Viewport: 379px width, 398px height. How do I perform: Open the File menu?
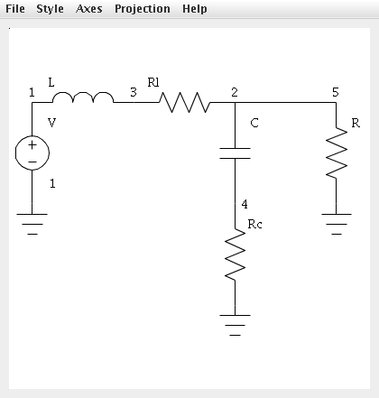coord(15,9)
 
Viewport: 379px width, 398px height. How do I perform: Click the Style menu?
coord(50,9)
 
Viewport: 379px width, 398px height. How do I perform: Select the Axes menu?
coord(89,9)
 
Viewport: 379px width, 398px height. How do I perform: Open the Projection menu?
coord(143,9)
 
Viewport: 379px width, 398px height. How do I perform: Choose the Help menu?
coord(195,9)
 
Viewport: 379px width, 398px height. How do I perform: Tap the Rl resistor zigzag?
coord(185,102)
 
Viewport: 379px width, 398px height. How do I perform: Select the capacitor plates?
coord(235,153)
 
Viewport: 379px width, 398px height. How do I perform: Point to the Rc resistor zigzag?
coord(235,255)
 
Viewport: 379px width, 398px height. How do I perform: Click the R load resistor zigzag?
coord(337,153)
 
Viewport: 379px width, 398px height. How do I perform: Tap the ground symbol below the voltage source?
coord(32,224)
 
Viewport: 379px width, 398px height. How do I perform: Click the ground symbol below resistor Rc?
coord(235,325)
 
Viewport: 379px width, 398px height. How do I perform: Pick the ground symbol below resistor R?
coord(337,224)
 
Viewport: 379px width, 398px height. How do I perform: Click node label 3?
coord(134,92)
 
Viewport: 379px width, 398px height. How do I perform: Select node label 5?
coord(336,92)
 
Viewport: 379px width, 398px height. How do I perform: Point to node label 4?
coord(245,204)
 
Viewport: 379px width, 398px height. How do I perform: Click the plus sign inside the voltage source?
coord(32,145)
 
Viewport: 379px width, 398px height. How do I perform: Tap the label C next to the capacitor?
coord(254,123)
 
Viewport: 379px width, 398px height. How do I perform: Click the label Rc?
coord(254,224)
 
